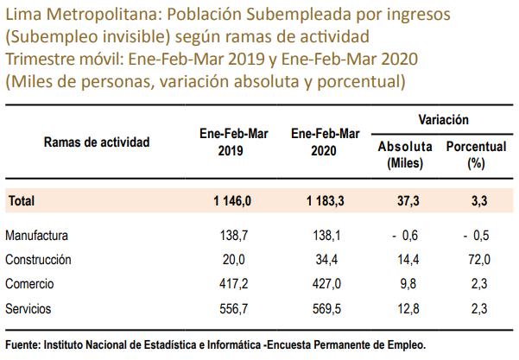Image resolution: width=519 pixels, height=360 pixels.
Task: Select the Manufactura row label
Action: tap(35, 236)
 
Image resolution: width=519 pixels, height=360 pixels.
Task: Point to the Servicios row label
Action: tap(28, 308)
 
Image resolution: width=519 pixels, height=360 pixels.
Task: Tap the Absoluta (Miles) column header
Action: tap(404, 155)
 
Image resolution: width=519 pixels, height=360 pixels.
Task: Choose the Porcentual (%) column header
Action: tap(475, 155)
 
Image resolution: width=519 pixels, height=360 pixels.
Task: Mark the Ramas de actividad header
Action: tap(97, 142)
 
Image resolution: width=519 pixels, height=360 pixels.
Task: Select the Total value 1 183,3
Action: tap(325, 200)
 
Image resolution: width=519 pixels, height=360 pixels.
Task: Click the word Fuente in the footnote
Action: tap(22, 344)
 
